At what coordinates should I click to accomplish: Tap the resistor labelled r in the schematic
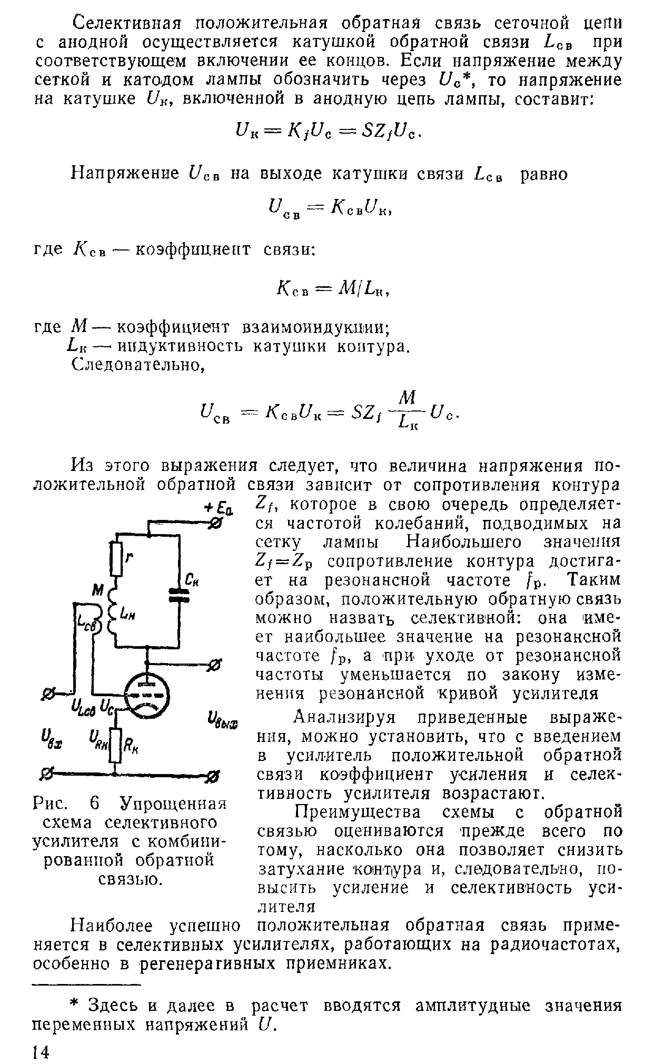point(116,558)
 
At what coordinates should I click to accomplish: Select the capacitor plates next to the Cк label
point(179,595)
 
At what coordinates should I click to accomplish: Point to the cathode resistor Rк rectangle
point(116,746)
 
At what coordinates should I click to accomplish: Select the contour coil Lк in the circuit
point(113,612)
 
